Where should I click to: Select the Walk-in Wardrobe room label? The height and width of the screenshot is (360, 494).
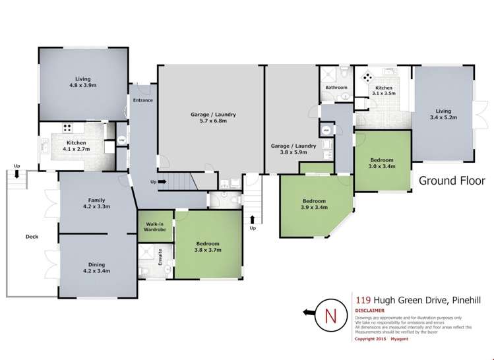click(x=154, y=227)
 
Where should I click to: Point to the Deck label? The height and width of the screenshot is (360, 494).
click(x=32, y=236)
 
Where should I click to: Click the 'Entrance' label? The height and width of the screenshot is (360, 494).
click(x=143, y=100)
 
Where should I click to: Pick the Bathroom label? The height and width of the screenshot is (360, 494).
click(x=336, y=88)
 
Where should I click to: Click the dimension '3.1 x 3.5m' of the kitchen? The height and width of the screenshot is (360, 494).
click(x=384, y=94)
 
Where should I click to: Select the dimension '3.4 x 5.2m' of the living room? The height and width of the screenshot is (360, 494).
click(x=443, y=117)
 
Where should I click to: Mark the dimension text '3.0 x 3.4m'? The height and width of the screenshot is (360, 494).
click(x=382, y=166)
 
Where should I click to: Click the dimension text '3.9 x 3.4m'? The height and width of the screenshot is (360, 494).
click(x=314, y=207)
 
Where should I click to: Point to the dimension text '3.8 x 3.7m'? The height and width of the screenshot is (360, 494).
click(x=207, y=250)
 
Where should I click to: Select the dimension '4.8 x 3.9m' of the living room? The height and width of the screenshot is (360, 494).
click(x=82, y=85)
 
